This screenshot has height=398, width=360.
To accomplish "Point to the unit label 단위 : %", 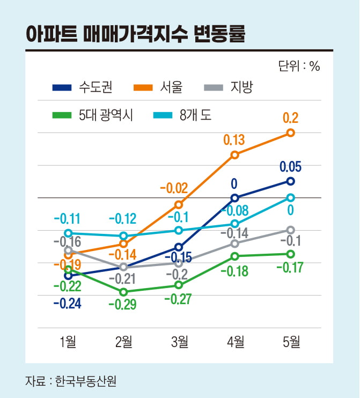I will [x=299, y=66].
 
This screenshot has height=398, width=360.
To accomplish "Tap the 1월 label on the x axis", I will [x=67, y=341].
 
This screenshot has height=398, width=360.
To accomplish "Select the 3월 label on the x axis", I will [x=179, y=341].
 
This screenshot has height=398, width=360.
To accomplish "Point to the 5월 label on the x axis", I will [x=290, y=341].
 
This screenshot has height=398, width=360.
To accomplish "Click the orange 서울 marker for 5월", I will [x=290, y=132].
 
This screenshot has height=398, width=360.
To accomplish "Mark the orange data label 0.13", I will [x=234, y=140].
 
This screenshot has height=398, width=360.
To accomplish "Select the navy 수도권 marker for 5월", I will [x=290, y=181].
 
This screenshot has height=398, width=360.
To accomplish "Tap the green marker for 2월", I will [x=123, y=292].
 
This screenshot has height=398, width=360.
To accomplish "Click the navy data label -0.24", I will [x=67, y=304].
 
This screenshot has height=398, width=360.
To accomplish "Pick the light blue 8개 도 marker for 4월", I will [x=234, y=223].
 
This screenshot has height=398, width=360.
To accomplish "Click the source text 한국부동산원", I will [x=86, y=381].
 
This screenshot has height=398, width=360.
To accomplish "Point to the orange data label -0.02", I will [x=174, y=188].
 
